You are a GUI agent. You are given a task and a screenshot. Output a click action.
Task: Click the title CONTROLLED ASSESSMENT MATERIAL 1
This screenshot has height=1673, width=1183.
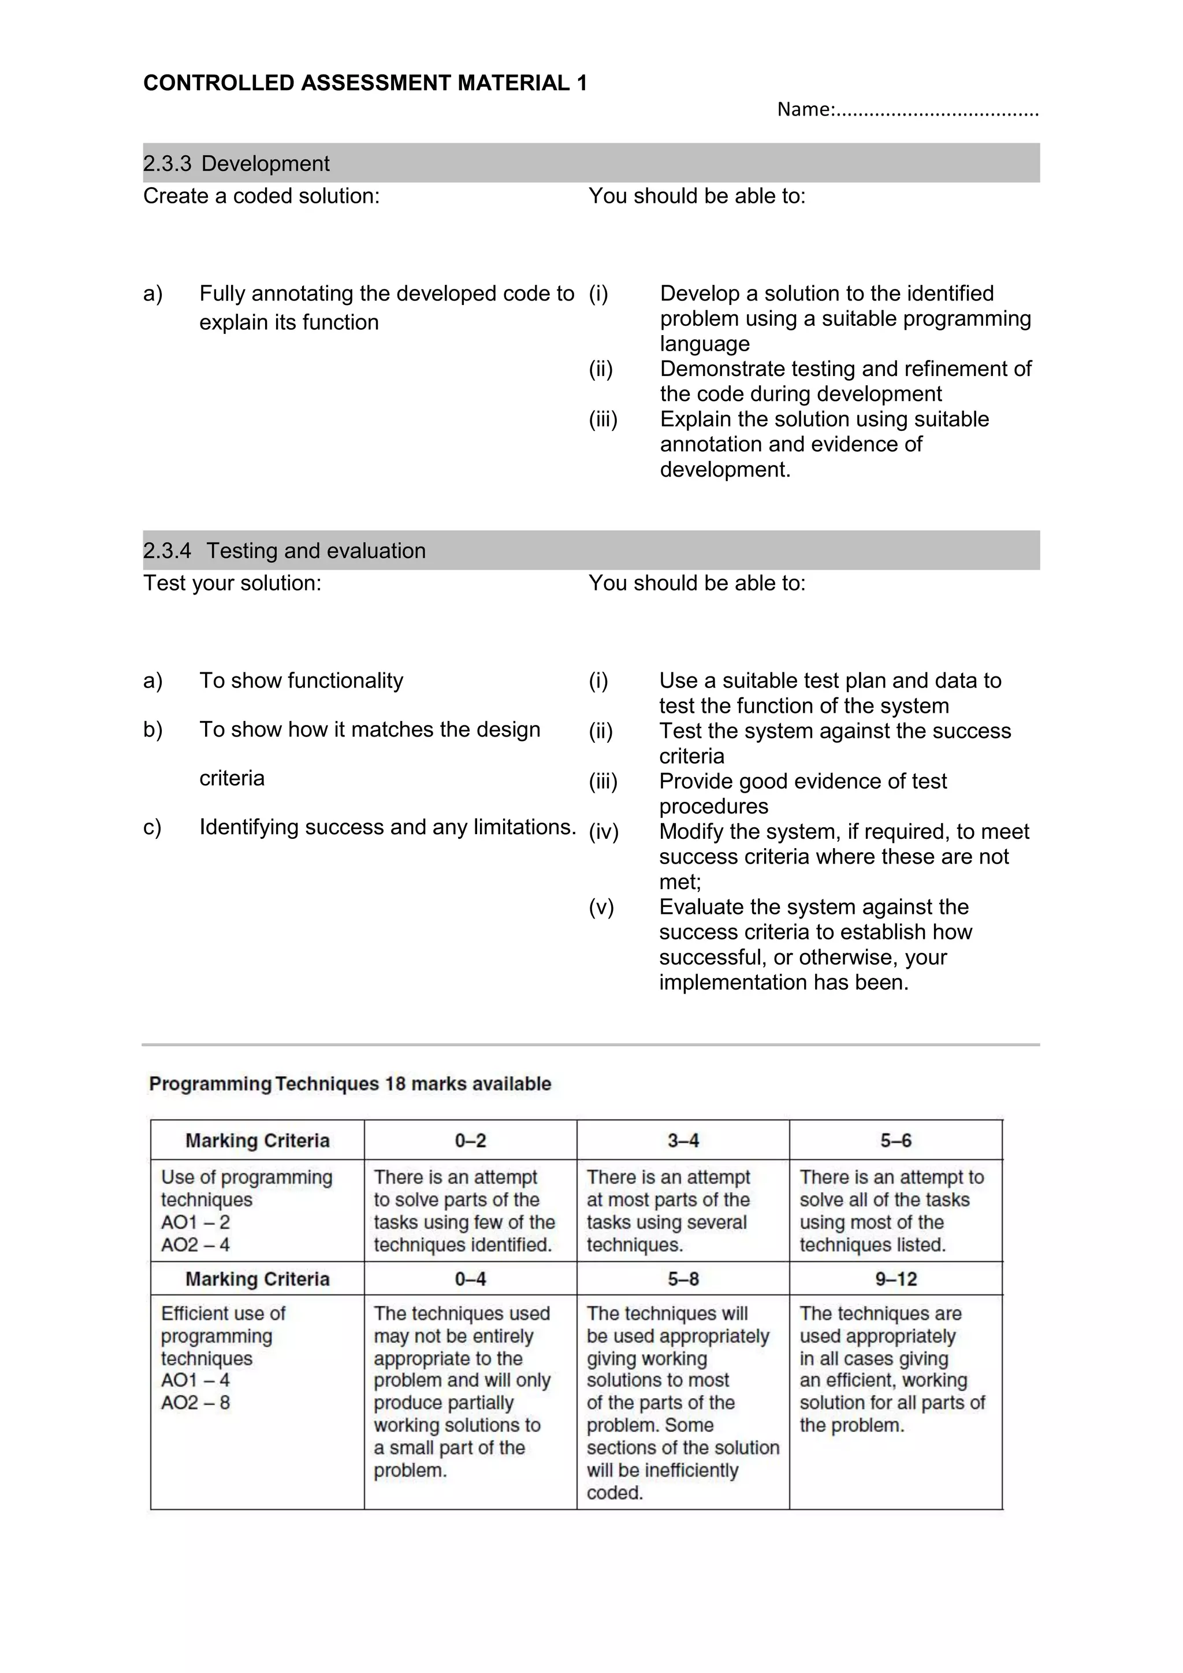(x=365, y=83)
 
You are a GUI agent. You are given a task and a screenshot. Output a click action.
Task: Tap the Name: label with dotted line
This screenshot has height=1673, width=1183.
(x=907, y=110)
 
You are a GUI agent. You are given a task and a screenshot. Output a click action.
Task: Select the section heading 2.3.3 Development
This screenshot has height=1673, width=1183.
(x=236, y=163)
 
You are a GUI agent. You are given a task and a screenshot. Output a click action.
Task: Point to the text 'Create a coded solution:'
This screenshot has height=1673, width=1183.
(x=261, y=196)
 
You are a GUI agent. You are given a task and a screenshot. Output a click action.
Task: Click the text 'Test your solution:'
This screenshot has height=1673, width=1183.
(x=232, y=583)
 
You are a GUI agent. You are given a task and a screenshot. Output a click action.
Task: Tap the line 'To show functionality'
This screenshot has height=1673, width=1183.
(x=301, y=681)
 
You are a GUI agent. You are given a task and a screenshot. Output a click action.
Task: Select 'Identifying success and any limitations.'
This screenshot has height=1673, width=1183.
(x=388, y=827)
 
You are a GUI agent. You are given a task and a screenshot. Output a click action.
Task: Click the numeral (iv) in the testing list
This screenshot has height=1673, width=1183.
(x=603, y=831)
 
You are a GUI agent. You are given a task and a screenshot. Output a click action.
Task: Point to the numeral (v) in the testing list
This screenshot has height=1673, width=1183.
(x=601, y=907)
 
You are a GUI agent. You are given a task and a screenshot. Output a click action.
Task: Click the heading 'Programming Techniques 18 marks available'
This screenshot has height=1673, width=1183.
(x=349, y=1084)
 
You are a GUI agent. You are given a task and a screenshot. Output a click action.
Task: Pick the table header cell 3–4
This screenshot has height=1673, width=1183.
(x=683, y=1140)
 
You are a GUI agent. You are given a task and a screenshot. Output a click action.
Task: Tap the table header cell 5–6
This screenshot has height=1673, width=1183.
(x=895, y=1140)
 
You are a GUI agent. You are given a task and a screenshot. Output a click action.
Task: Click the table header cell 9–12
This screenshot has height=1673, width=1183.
(x=895, y=1279)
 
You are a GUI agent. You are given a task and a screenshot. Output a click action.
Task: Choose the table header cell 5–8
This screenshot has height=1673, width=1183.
(x=683, y=1279)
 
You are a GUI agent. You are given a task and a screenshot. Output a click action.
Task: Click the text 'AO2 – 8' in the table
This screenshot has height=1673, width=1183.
(x=195, y=1402)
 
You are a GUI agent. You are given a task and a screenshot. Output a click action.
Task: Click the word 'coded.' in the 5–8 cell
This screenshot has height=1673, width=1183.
(x=614, y=1493)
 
